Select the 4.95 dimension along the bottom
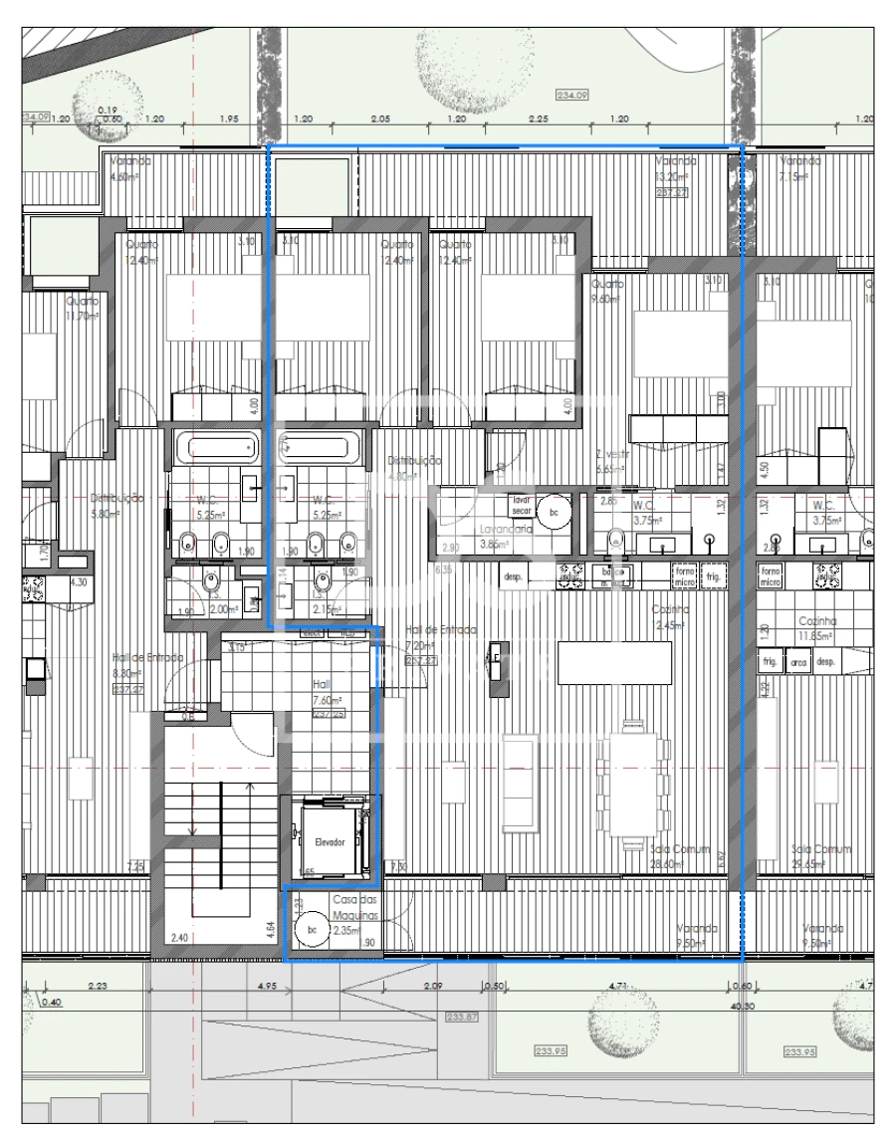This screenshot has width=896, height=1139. point(266,987)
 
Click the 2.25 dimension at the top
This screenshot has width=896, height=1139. point(539,118)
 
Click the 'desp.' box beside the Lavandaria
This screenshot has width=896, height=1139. point(513,575)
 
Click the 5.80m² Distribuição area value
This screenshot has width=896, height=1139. point(105,514)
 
